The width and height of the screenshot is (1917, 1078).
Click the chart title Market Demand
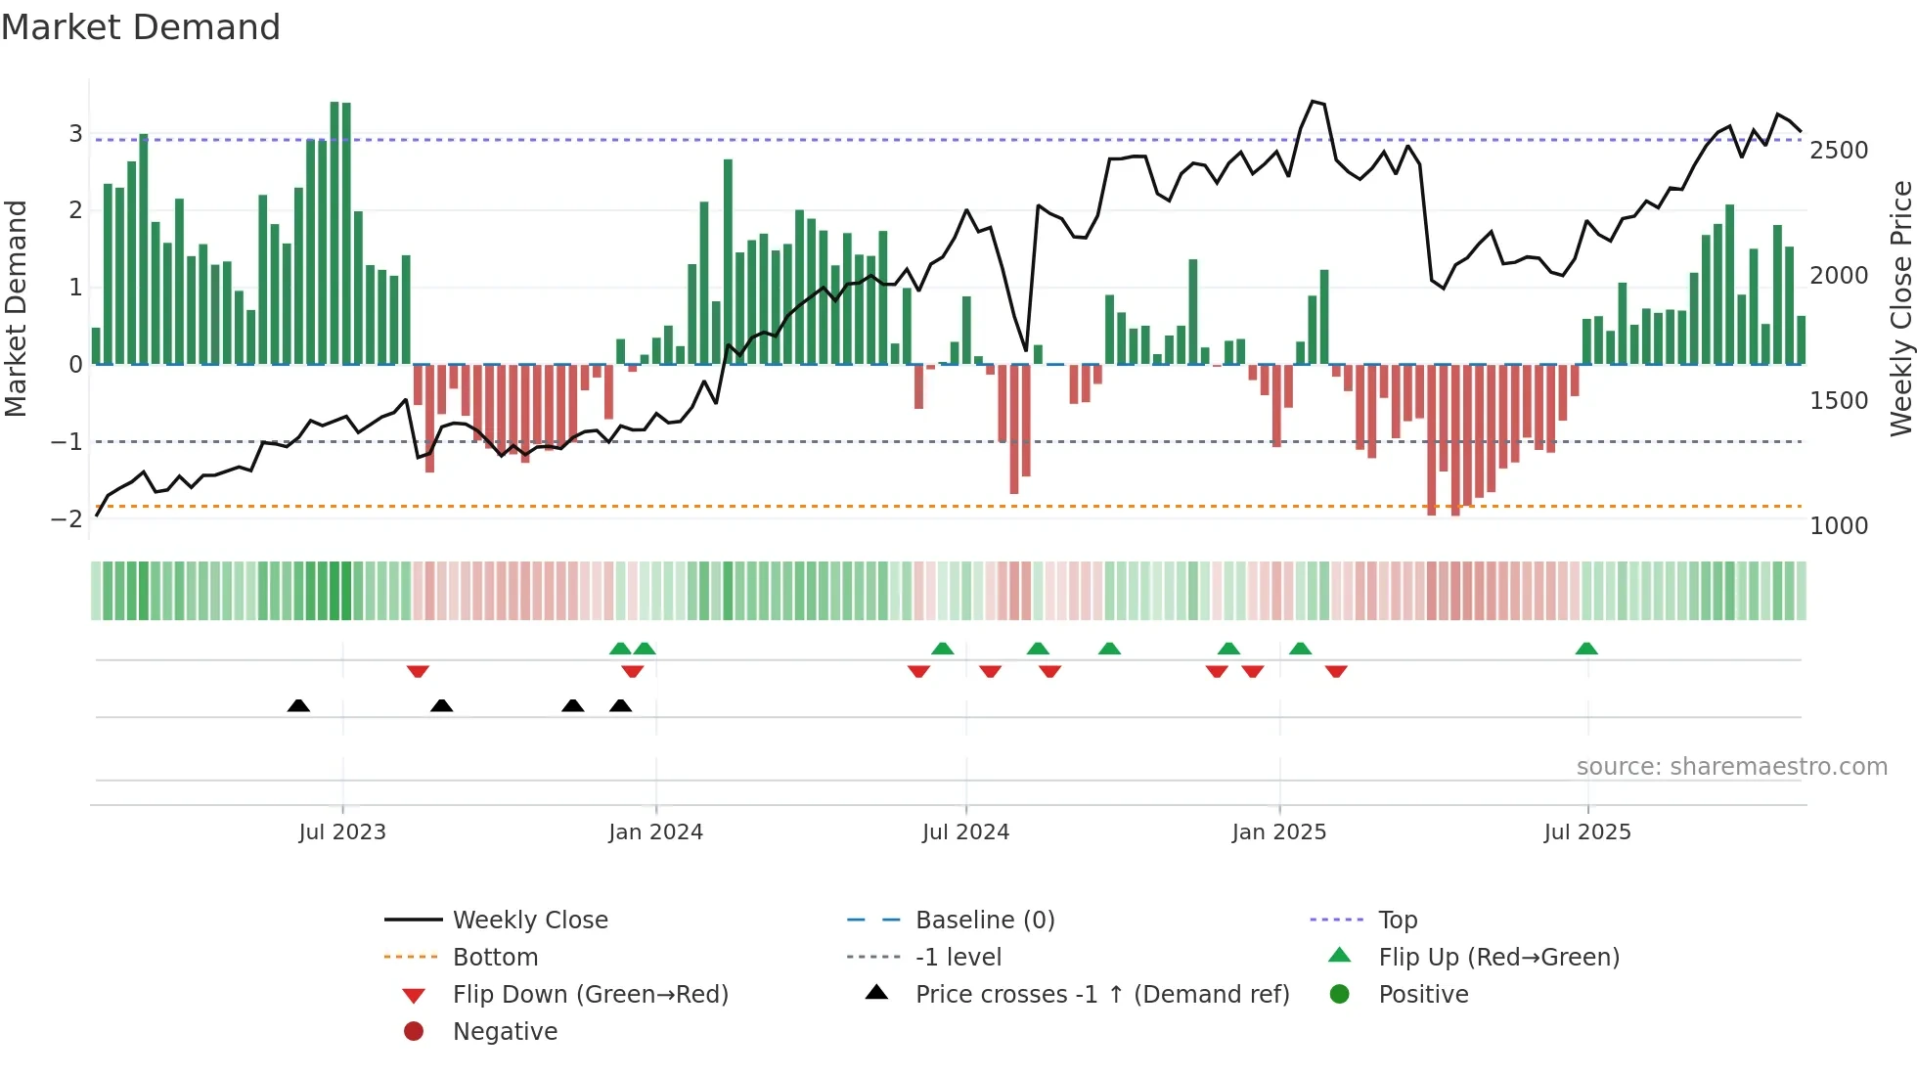click(x=141, y=27)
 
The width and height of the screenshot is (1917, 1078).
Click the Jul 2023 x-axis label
click(x=342, y=832)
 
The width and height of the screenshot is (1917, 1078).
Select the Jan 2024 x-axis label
click(x=655, y=832)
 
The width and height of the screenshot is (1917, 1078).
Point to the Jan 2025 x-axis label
click(x=1278, y=832)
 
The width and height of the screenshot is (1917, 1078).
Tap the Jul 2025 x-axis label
click(x=1587, y=832)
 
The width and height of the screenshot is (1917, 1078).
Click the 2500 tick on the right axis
click(x=1839, y=151)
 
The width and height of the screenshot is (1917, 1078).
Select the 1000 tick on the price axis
click(x=1839, y=526)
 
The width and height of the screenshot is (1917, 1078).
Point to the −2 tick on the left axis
click(x=67, y=518)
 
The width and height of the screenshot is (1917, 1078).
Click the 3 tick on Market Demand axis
click(x=75, y=133)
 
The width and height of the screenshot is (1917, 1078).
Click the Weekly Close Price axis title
click(x=1900, y=308)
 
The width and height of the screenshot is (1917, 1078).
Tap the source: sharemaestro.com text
click(x=1731, y=767)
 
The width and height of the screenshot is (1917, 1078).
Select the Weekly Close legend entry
click(x=529, y=921)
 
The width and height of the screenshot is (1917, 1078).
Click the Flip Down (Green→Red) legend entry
click(x=590, y=995)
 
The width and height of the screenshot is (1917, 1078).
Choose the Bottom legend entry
click(x=495, y=958)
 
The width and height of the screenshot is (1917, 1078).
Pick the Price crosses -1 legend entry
click(x=1101, y=995)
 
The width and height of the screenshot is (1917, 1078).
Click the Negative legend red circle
click(x=414, y=1032)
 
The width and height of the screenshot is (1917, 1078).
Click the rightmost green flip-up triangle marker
click(x=1586, y=649)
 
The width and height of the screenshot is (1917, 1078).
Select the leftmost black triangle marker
click(x=298, y=705)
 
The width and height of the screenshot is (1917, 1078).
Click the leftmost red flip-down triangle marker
click(x=418, y=671)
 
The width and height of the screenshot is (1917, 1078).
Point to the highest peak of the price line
click(x=1313, y=101)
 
